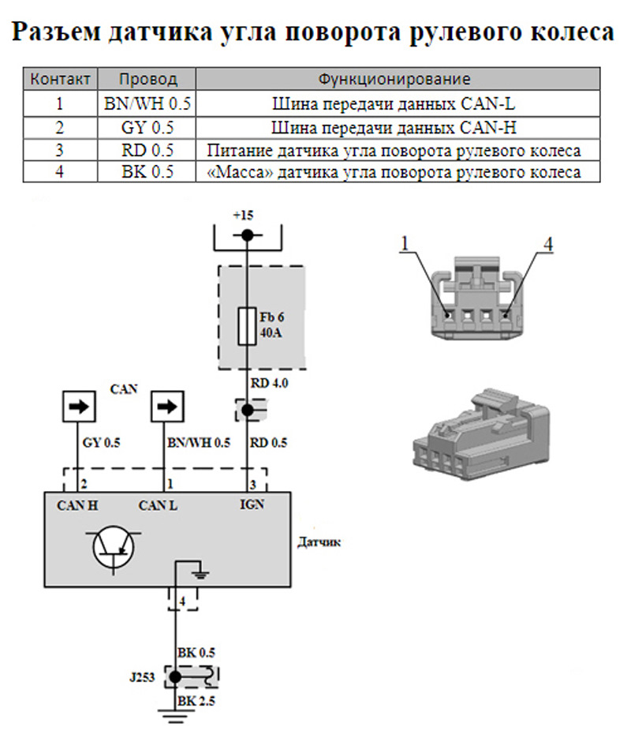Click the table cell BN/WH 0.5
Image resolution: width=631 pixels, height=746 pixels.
[147, 103]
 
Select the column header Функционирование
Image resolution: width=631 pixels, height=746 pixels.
[394, 79]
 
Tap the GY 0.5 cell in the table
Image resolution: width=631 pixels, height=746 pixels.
[147, 126]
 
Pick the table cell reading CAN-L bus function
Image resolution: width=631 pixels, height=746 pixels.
[394, 103]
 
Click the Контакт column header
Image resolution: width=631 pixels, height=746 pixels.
[59, 79]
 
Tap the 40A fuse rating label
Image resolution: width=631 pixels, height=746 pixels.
[271, 333]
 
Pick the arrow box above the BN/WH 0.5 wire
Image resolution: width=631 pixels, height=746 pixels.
[166, 407]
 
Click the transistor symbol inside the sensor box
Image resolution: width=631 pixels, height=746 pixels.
[116, 547]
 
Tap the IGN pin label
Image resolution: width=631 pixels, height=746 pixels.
[252, 504]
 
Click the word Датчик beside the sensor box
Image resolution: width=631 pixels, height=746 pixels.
[319, 543]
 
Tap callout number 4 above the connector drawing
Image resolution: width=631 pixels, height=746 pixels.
[547, 244]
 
